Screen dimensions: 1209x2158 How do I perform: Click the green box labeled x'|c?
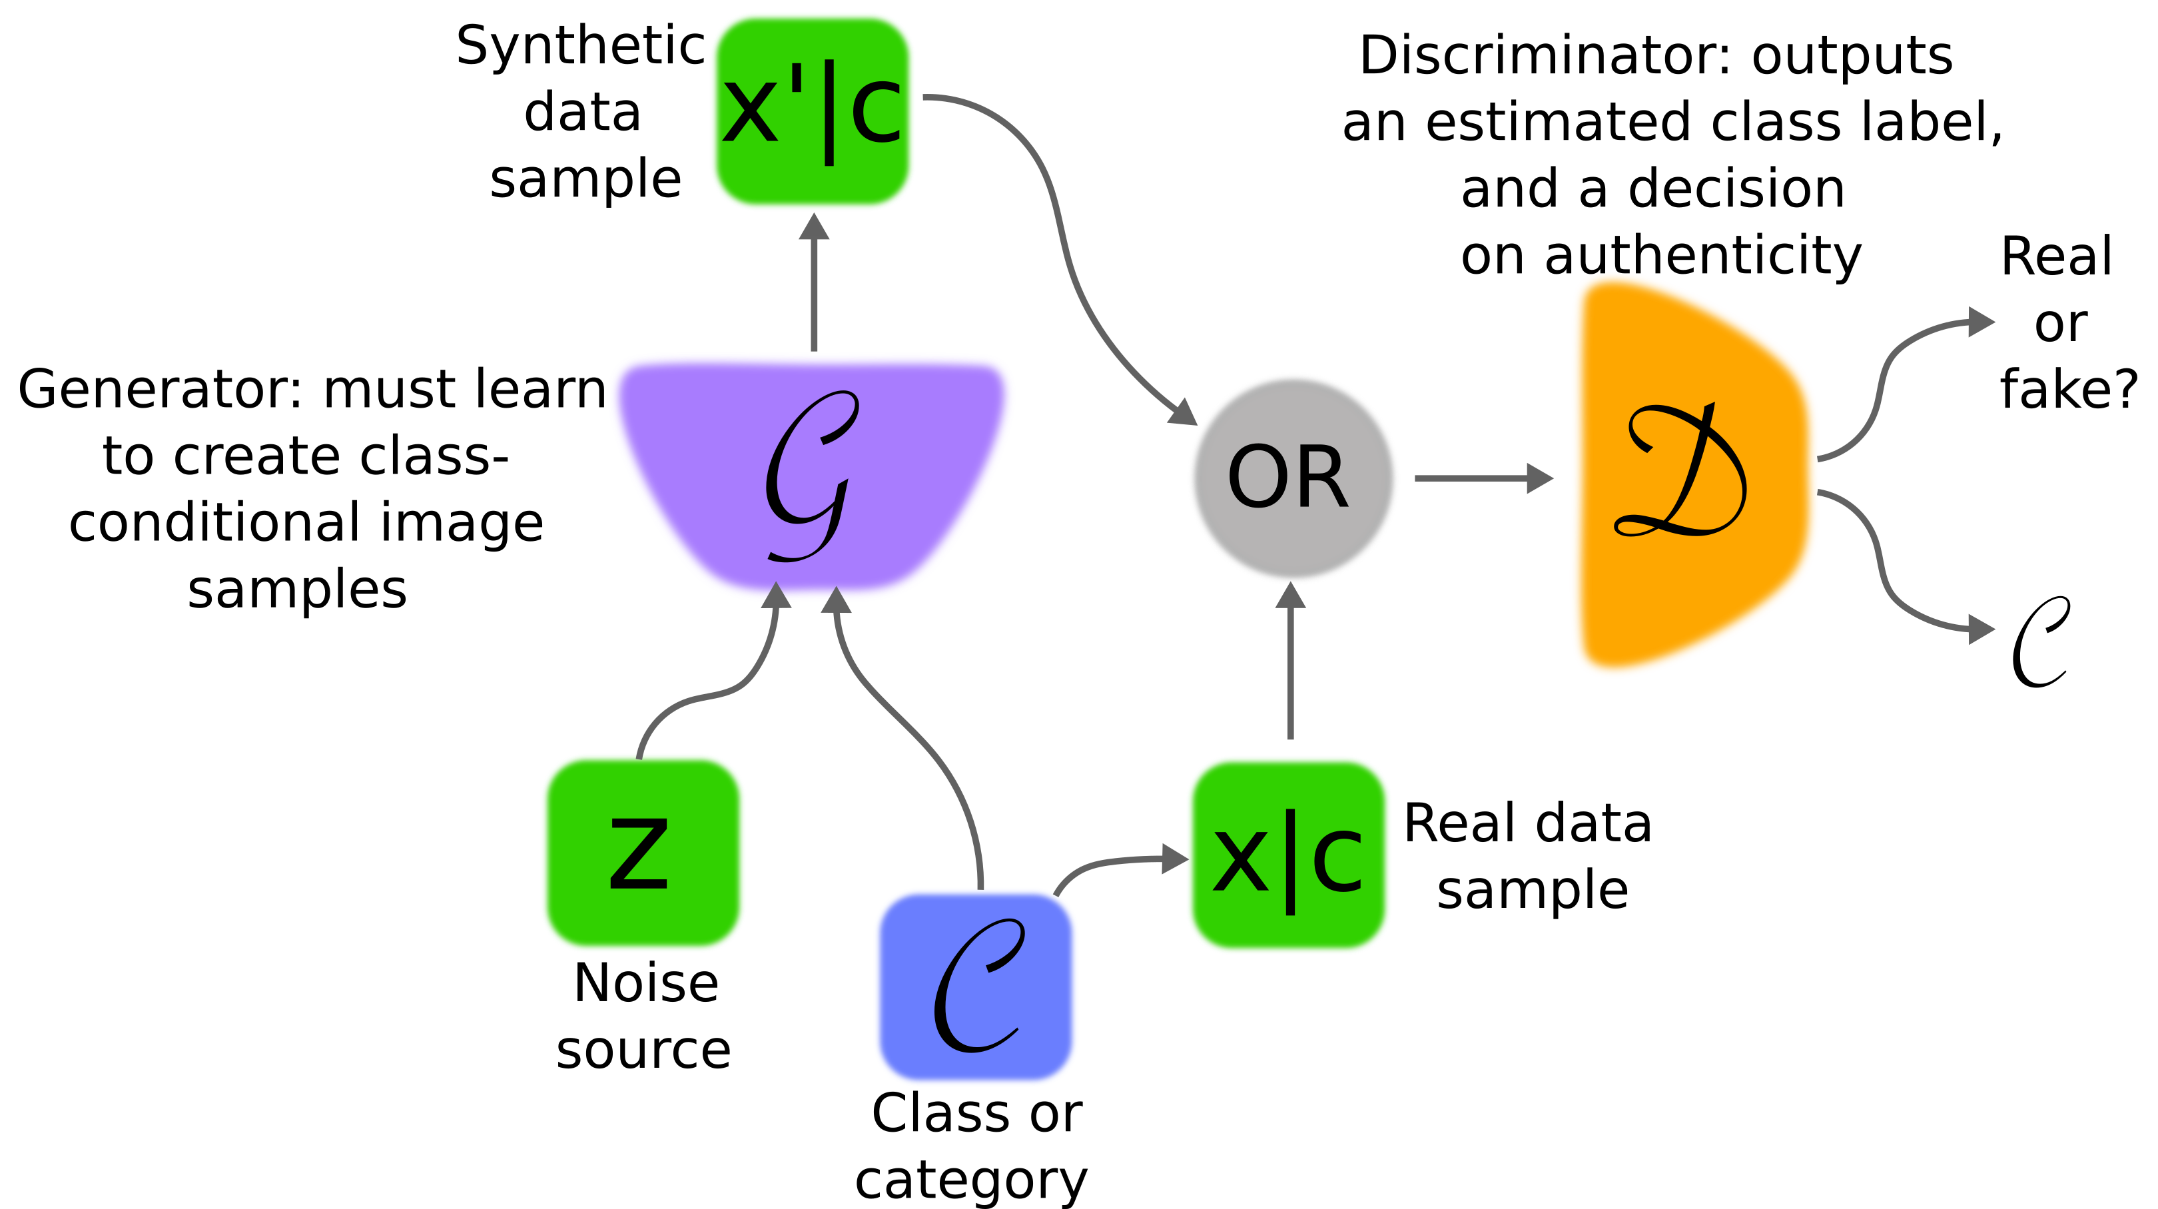pos(812,111)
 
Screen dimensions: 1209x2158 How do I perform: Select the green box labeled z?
pos(643,852)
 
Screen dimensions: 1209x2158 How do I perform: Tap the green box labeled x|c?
pos(1288,855)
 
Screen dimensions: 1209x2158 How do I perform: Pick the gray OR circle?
pos(1293,478)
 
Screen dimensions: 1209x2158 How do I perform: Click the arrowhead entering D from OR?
pos(1540,478)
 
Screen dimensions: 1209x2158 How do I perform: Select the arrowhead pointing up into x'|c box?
pos(813,227)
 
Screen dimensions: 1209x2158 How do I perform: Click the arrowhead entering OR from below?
pos(1290,596)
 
